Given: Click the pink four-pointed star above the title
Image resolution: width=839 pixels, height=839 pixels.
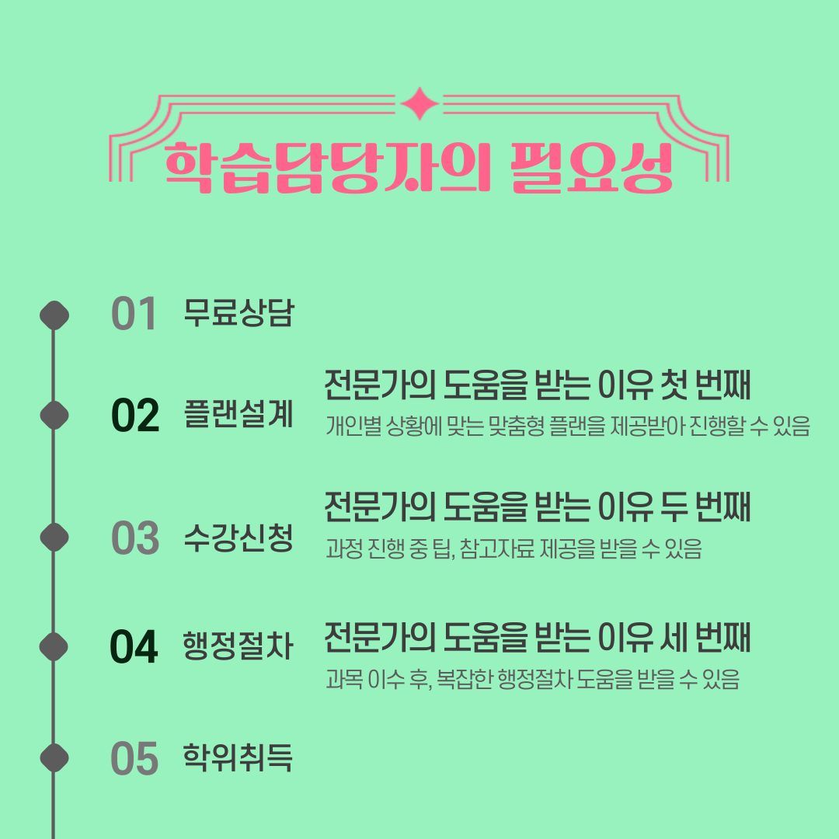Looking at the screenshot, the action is [419, 104].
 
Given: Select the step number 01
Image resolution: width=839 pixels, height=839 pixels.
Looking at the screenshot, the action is [134, 315].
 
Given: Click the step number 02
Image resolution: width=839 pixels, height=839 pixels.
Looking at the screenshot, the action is [134, 416].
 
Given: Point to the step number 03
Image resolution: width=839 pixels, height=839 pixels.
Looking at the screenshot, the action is [134, 538].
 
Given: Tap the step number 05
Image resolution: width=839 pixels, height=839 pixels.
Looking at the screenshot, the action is [134, 759].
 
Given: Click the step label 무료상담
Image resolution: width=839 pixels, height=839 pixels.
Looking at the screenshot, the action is [238, 312].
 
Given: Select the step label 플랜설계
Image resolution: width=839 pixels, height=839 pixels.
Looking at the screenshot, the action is [238, 415].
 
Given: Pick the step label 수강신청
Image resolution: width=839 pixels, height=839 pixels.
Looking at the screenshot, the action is [238, 537].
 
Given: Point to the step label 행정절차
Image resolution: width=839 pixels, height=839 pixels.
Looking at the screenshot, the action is [238, 646].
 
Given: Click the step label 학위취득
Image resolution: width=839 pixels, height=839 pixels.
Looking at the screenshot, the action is [238, 757].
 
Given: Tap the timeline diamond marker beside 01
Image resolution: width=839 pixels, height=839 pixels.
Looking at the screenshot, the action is [54, 315].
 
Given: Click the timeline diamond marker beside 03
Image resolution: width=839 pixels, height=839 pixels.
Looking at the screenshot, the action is [54, 538].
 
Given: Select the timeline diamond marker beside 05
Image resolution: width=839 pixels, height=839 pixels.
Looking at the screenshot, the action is [54, 758].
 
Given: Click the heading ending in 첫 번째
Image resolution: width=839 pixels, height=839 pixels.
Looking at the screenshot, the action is [537, 386].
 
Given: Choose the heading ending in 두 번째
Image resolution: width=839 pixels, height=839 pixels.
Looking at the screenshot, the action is [537, 508].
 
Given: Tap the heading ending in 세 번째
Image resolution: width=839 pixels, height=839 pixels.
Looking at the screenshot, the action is [537, 639].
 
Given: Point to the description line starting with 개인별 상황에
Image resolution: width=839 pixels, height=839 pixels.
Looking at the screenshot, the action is [568, 426].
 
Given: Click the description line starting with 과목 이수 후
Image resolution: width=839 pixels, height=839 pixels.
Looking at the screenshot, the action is [532, 680].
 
